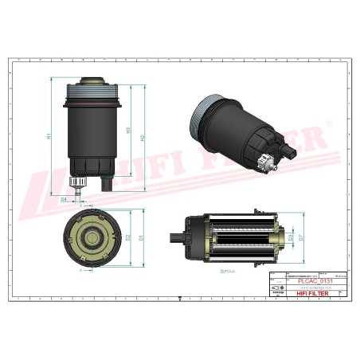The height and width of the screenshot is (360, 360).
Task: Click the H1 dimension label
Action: pos(49,135)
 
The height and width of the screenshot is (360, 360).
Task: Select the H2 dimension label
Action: pos(144,137)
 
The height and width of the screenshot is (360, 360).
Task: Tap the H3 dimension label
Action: pos(128,130)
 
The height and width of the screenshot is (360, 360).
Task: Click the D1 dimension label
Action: pos(142,237)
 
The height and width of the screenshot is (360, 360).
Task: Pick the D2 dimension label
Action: pos(128,237)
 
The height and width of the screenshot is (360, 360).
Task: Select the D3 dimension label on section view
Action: pos(292,237)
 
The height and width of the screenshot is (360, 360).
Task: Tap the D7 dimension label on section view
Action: pos(303,237)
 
